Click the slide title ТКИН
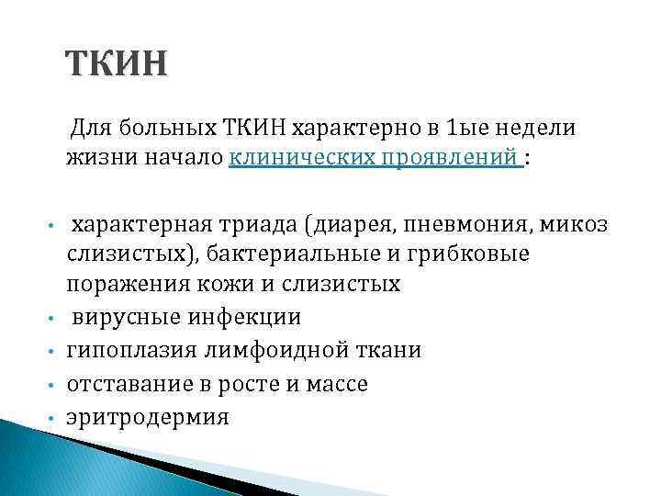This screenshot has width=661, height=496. click(x=117, y=66)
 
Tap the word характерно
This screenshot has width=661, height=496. click(x=323, y=129)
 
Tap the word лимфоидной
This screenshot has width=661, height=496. click(x=260, y=351)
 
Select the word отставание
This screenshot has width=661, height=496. click(x=121, y=384)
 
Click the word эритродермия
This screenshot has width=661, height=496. click(x=147, y=417)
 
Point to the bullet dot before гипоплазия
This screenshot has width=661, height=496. click(x=54, y=352)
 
